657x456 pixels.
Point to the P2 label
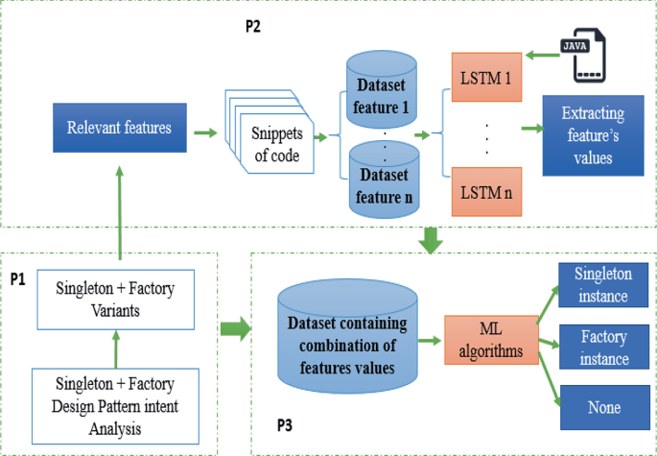tap(254, 26)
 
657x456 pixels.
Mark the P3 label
tap(286, 423)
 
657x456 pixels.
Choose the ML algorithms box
tap(491, 341)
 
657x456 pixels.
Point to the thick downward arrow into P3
tap(433, 240)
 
